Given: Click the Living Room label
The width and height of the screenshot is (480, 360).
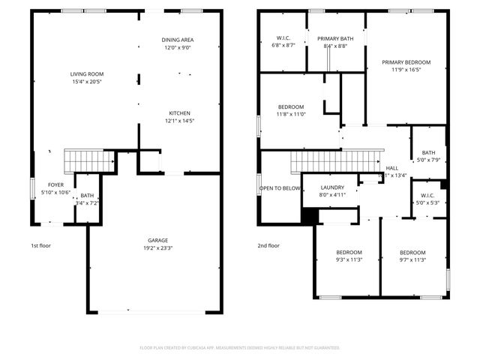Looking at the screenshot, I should tap(87, 74).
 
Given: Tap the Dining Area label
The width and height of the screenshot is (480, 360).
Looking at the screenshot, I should tap(178, 40).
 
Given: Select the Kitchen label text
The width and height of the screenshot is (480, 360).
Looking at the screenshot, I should tap(179, 113).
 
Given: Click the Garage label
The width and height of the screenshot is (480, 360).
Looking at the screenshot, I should tap(157, 241).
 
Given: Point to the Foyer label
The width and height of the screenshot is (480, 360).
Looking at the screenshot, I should tap(56, 184).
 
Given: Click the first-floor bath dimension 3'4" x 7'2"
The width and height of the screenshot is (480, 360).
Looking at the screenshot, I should tap(88, 203).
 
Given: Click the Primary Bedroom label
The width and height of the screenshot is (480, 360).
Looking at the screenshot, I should tap(406, 62).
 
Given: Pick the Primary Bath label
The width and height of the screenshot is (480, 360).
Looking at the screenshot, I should tap(334, 39).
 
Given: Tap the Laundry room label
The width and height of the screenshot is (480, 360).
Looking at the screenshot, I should tap(331, 187).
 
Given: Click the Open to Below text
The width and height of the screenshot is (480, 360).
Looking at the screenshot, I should tap(280, 188).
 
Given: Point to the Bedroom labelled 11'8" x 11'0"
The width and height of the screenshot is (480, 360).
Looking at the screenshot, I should tap(290, 106).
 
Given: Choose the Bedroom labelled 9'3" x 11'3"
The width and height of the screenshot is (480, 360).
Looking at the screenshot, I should tap(349, 252).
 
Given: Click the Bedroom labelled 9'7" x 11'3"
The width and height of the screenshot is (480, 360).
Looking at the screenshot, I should tap(412, 252).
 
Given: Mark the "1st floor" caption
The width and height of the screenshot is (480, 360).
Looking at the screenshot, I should tap(40, 245).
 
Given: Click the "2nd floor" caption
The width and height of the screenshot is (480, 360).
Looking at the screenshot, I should tap(268, 245).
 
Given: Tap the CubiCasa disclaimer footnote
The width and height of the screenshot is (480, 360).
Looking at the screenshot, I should tap(240, 348).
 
